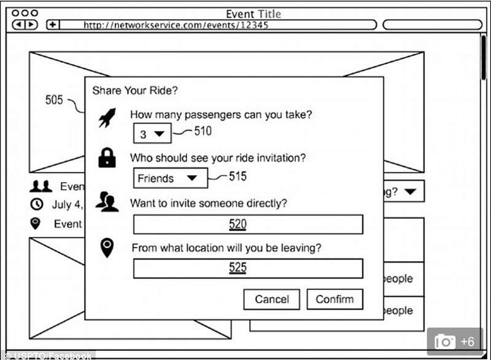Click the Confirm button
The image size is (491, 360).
point(334,299)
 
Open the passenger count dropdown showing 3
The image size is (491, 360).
point(152,133)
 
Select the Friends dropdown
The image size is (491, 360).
point(171,178)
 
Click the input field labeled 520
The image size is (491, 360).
point(248,224)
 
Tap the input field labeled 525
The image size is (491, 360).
point(248,268)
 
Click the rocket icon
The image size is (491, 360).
point(107,118)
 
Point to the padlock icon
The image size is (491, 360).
point(107,157)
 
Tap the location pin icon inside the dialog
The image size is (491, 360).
point(107,248)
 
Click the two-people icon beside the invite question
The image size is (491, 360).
point(107,202)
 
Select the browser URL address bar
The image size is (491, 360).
point(218,25)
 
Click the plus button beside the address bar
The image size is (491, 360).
point(53,25)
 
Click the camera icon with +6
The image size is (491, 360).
point(455,341)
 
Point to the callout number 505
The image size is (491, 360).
point(54,100)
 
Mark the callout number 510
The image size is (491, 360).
point(203,131)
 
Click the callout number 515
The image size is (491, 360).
point(238,176)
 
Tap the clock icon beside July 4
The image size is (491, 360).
point(37,204)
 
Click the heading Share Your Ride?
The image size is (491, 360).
point(135,90)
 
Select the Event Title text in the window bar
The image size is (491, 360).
point(253,14)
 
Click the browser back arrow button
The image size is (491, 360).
point(19,25)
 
